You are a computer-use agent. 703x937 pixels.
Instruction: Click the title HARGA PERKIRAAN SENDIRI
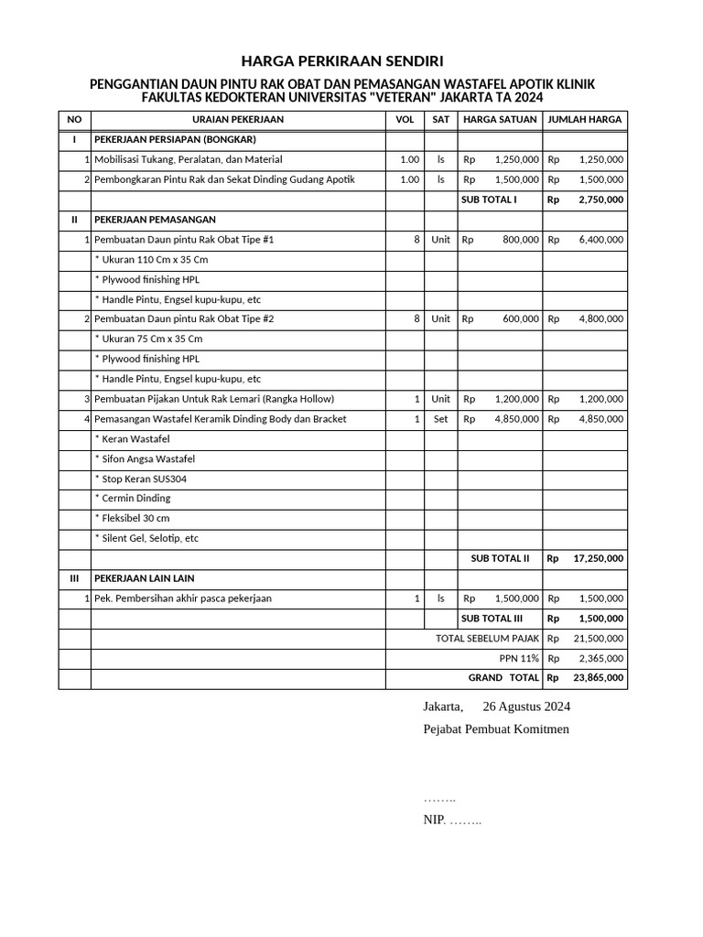[341, 61]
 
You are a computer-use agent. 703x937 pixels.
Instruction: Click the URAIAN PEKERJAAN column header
[237, 119]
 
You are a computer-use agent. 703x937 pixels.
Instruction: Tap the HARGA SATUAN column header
[500, 119]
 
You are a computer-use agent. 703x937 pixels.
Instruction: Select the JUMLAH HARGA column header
[585, 119]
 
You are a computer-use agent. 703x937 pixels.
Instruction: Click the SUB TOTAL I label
[489, 199]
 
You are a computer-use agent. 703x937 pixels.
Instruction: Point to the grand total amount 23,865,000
[598, 678]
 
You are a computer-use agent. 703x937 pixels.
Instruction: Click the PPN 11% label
[518, 658]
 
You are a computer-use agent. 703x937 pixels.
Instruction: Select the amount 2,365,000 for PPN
[600, 658]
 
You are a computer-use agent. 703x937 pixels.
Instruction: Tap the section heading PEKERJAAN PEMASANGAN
[155, 220]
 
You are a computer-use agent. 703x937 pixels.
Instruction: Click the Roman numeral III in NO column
[74, 578]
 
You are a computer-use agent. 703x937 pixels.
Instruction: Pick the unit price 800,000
[520, 240]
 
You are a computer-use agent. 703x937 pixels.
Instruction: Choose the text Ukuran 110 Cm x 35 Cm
[151, 260]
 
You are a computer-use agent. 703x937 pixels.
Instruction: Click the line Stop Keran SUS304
[143, 479]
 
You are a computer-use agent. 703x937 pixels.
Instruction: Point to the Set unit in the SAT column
[440, 419]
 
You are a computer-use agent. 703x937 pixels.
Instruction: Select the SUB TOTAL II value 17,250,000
[598, 558]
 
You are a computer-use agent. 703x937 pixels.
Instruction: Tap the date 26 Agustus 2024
[525, 706]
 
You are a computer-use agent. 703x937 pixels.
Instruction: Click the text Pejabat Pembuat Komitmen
[495, 728]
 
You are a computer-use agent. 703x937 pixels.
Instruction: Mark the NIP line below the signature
[451, 820]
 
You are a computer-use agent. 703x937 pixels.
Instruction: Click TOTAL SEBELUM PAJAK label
[487, 638]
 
